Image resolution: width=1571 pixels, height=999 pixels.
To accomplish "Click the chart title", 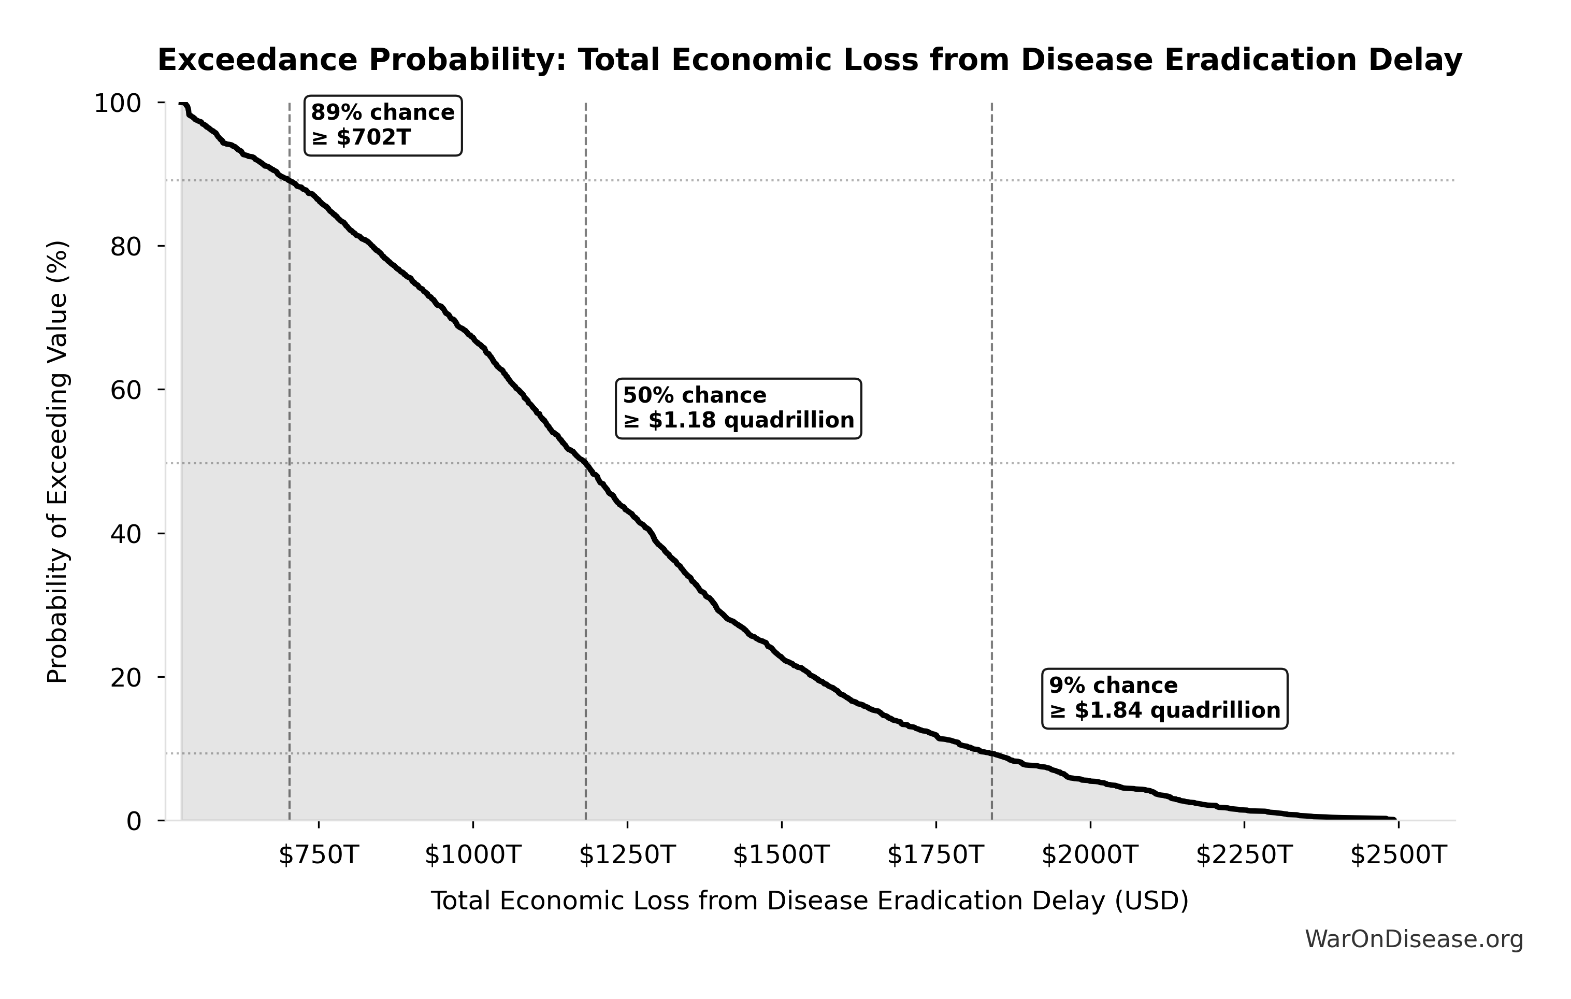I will click(x=810, y=61).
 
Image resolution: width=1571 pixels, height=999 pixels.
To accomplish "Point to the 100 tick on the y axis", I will click(x=118, y=104).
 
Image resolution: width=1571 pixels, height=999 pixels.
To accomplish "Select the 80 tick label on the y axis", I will click(x=126, y=247).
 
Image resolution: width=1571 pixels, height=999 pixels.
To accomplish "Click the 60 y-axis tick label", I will click(x=126, y=390).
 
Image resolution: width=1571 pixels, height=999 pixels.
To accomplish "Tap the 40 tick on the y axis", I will click(x=126, y=534).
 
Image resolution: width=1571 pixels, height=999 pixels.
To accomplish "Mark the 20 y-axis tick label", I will click(x=126, y=677).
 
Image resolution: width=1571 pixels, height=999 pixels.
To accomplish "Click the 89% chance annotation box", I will click(x=383, y=125).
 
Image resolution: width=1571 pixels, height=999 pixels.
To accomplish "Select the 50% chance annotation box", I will click(x=738, y=408).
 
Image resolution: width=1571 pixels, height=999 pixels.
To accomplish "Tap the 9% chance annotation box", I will click(x=1164, y=697).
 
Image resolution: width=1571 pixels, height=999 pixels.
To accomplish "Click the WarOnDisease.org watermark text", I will click(x=1414, y=939).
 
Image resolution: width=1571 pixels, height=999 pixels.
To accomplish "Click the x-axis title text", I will click(x=809, y=901).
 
